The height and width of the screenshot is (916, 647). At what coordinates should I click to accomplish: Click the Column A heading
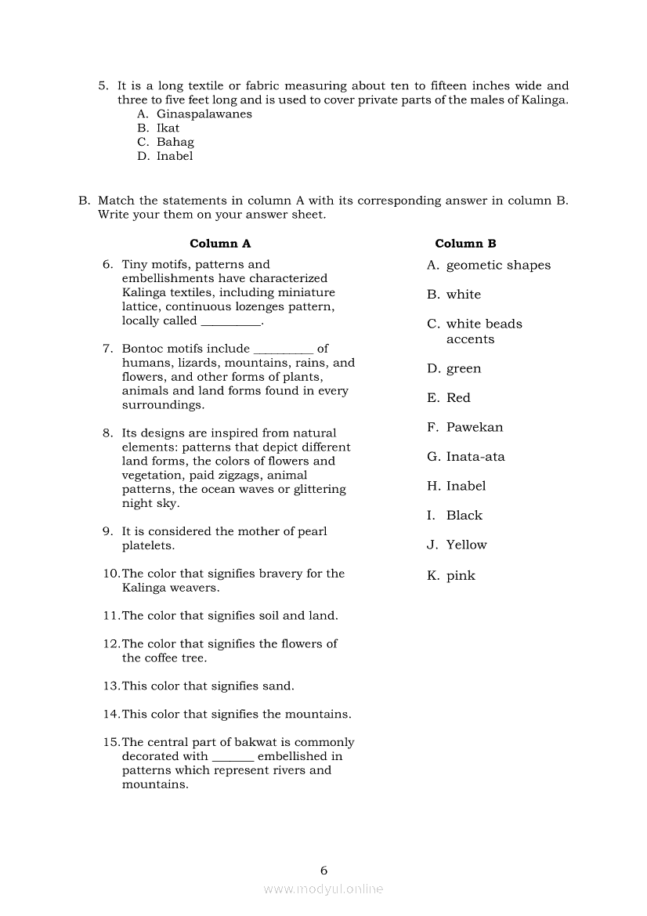220,244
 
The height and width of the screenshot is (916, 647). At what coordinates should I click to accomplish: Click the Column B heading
465,244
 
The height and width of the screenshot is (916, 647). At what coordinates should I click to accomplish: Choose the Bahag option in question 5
175,143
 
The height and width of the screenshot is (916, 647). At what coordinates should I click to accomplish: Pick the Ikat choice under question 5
168,129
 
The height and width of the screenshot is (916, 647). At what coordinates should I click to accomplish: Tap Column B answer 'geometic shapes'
498,266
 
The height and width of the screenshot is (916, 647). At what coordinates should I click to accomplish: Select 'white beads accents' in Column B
483,331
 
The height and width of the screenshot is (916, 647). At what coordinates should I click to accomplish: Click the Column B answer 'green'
464,369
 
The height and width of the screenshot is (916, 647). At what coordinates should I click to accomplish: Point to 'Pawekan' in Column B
475,428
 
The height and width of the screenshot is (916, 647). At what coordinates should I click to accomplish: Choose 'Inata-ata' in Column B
475,457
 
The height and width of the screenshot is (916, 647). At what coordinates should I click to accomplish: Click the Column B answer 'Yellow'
466,545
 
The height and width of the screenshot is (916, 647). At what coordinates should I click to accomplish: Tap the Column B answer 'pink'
461,576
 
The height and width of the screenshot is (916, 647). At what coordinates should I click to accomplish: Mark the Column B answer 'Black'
464,516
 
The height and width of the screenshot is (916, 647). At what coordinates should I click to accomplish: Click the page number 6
323,871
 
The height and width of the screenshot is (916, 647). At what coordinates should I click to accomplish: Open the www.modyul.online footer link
323,889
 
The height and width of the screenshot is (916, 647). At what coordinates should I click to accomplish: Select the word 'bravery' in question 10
280,574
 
